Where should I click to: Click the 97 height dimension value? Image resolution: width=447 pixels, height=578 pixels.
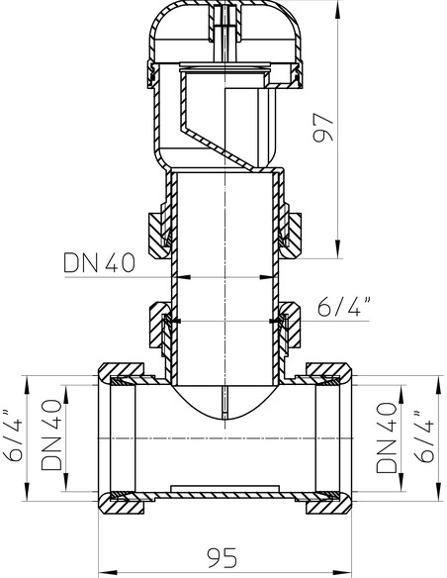323,127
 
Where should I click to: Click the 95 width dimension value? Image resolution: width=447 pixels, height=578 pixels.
222,557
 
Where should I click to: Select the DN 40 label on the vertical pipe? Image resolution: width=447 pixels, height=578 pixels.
100,263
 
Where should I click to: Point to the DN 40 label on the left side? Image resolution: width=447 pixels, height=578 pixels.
51,434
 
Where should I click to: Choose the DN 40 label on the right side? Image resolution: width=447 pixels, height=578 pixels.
387,437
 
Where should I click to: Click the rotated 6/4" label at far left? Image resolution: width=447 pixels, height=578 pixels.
14,434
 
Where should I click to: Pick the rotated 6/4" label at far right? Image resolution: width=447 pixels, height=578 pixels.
423,436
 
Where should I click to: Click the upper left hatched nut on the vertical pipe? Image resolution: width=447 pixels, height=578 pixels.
157,235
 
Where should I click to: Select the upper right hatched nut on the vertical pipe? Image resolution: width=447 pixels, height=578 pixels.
291,235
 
